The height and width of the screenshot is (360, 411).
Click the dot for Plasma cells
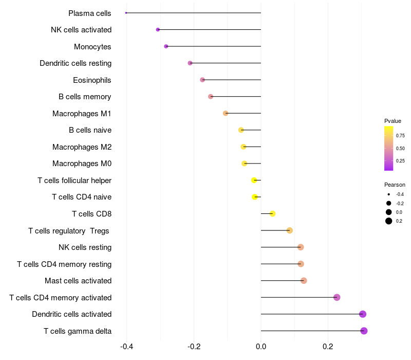pos(126,13)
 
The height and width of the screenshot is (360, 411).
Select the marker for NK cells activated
pos(158,30)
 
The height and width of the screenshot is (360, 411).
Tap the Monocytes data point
pos(166,46)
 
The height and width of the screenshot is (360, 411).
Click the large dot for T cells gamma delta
pos(364,331)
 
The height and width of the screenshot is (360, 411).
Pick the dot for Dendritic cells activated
pos(363,314)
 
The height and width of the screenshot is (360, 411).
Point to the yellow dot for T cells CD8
pos(273,214)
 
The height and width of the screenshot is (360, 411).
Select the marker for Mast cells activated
pos(304,281)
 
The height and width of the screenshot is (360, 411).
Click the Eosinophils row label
pos(92,80)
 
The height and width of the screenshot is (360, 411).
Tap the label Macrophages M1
pos(82,114)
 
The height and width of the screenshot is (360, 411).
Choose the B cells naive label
pos(90,130)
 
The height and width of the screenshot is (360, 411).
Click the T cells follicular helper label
pos(74,181)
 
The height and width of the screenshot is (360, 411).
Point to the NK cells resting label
pos(85,247)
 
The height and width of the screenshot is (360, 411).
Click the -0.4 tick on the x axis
pos(127,347)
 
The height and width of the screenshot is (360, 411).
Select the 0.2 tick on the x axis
pos(328,347)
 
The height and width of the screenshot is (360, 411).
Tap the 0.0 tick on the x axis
pos(261,347)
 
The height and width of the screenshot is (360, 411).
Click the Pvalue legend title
pos(393,121)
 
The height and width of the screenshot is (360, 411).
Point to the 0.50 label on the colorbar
pos(400,148)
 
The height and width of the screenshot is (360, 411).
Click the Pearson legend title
pos(395,185)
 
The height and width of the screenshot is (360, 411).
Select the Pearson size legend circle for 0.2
pos(389,221)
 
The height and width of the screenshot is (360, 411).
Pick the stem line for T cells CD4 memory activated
pos(298,297)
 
